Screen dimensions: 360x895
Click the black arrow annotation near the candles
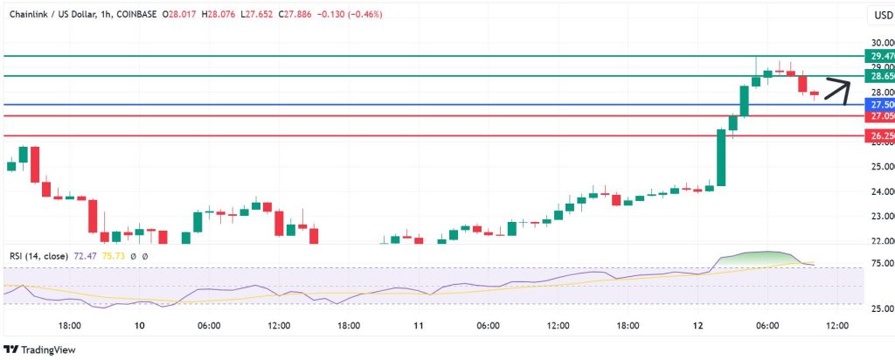point(836,88)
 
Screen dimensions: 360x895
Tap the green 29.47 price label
point(878,55)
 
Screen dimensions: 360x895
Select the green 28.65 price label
point(878,76)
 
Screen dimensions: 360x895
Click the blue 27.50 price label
point(878,105)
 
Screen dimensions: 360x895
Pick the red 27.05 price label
point(878,116)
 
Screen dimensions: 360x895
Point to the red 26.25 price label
point(878,136)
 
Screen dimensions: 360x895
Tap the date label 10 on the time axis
point(139,325)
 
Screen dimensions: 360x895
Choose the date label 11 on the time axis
point(418,325)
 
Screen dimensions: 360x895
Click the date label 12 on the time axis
point(697,325)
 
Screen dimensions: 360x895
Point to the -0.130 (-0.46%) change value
point(353,15)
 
